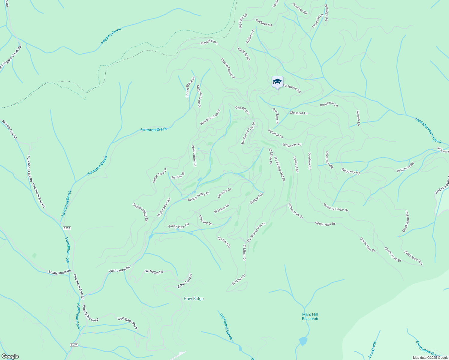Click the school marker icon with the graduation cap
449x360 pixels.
pos(277,82)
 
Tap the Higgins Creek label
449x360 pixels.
pos(111,36)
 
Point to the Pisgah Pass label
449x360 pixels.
pos(209,43)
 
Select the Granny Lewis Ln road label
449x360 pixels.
pos(228,68)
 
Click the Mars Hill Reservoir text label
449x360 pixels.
pos(310,316)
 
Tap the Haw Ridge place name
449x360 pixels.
pos(194,298)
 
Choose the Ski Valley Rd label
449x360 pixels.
pos(154,271)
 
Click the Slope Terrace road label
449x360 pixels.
pos(184,281)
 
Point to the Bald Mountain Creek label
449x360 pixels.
pos(428,130)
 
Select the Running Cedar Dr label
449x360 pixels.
pos(336,208)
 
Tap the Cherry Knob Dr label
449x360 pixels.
pos(393,254)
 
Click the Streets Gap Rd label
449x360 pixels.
pos(10,129)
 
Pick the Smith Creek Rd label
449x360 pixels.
pos(59,272)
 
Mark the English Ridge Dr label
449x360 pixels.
pos(140,212)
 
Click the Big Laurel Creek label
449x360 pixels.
pos(226,326)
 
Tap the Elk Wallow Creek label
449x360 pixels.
pos(428,349)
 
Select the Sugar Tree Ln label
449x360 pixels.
pos(159,175)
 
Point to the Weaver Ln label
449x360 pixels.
pos(358,118)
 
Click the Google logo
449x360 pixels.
pos(10,356)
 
